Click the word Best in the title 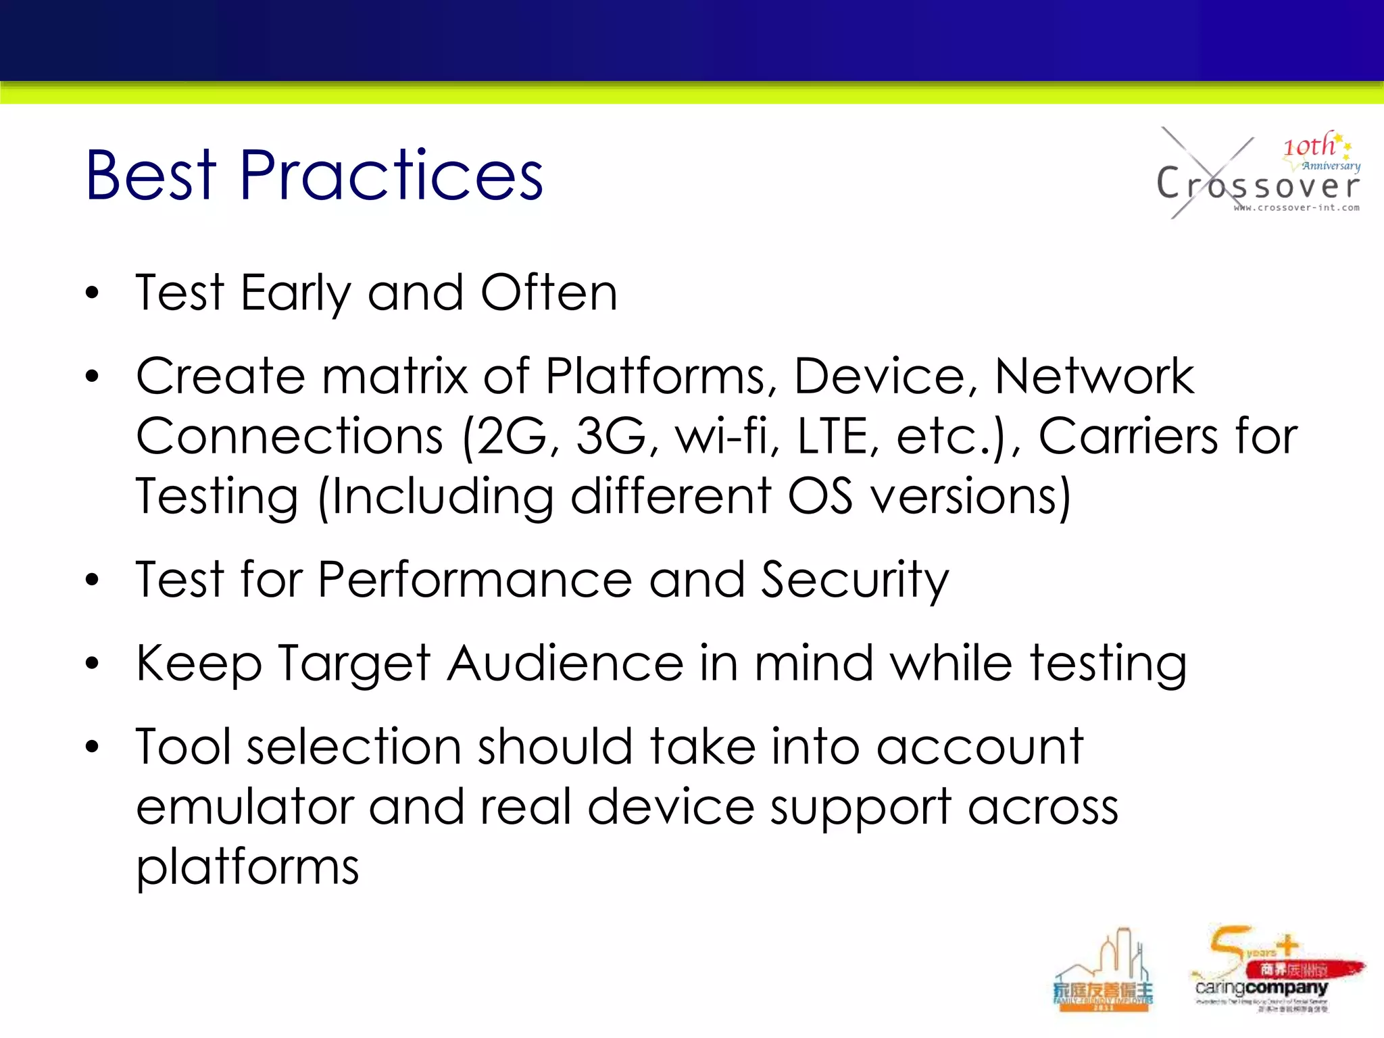(x=151, y=176)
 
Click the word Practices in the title (x=391, y=176)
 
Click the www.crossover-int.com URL (x=1296, y=208)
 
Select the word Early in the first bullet (x=295, y=293)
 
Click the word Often (x=549, y=293)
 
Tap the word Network (x=1093, y=376)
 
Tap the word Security (x=854, y=580)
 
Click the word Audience (x=565, y=664)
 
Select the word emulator (x=245, y=808)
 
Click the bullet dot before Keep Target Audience (x=93, y=664)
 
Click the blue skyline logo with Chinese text (x=1104, y=973)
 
